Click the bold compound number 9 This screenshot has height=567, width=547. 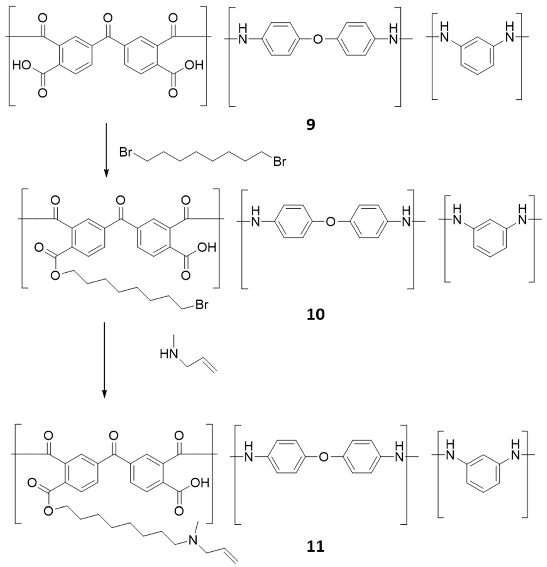click(311, 125)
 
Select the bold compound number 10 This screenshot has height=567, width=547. click(316, 314)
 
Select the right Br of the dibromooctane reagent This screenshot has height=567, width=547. click(280, 162)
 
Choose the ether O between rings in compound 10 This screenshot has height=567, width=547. click(330, 222)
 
